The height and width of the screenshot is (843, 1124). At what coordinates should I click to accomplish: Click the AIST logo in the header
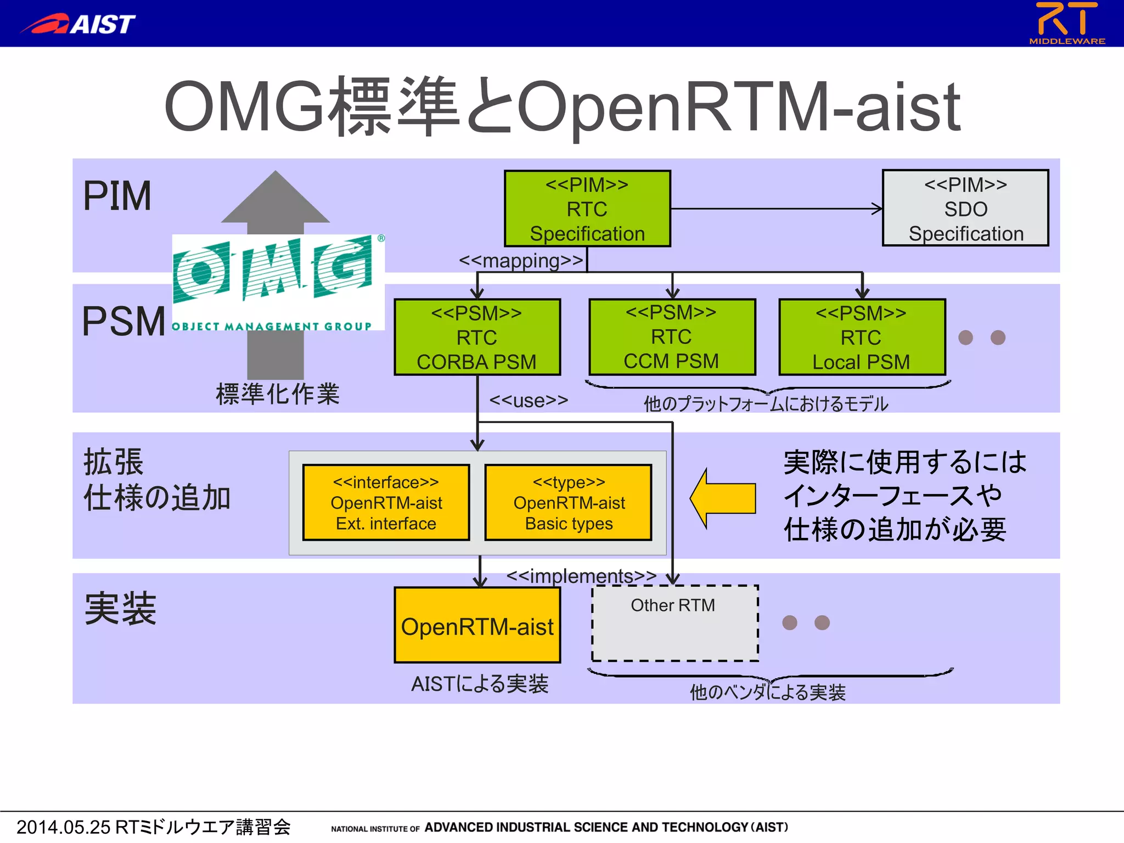[78, 24]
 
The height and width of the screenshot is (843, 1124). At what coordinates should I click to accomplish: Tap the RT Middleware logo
[1066, 23]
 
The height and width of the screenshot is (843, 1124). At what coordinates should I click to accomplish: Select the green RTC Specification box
[587, 209]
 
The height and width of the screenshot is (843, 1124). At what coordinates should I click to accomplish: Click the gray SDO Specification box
[965, 209]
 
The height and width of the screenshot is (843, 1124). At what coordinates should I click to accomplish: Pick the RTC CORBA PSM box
[476, 337]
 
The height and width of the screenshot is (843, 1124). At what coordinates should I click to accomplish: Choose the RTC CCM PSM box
[672, 336]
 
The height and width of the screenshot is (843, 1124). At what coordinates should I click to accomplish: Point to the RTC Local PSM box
[862, 337]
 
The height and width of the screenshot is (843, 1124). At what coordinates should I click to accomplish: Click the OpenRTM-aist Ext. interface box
[386, 503]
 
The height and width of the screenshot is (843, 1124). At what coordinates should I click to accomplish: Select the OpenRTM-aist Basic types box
[569, 503]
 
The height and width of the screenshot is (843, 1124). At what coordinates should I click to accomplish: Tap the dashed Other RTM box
[675, 624]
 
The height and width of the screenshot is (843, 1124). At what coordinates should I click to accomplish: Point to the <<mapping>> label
[520, 260]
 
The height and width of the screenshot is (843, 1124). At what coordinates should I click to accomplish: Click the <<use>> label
[528, 401]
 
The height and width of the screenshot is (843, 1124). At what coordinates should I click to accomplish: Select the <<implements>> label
[581, 576]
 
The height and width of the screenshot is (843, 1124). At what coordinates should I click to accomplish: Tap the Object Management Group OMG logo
[278, 282]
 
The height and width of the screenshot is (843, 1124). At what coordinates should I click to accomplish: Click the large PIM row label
[117, 196]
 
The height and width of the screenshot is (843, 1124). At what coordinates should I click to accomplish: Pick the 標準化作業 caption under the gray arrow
[278, 394]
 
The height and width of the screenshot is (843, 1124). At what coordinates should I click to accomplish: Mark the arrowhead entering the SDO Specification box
[878, 209]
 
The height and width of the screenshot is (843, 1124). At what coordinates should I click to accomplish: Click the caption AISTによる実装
[480, 684]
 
